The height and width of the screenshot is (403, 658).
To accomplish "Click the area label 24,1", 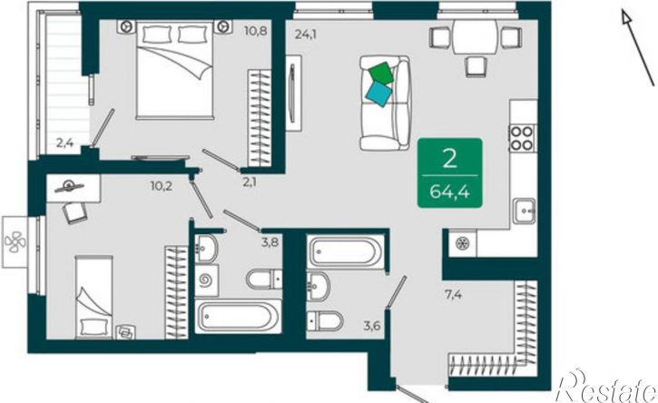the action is [306, 34].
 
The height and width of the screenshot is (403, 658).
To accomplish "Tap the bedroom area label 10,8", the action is [256, 31].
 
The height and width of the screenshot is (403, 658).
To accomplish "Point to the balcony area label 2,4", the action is [65, 143].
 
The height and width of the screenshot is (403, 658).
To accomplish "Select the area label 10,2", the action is [162, 185].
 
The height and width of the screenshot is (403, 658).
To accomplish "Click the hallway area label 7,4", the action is [453, 295].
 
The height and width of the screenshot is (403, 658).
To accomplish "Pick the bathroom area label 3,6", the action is [372, 325].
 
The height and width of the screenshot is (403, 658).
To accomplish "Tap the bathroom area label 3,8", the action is [270, 242].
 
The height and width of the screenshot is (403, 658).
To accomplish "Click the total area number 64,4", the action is [449, 192].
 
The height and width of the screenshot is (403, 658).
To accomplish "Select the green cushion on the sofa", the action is [381, 73].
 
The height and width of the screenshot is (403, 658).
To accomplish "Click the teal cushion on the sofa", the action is [379, 93].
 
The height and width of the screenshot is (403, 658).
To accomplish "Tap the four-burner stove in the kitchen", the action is [522, 138].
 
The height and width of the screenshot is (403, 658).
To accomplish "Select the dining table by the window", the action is [475, 37].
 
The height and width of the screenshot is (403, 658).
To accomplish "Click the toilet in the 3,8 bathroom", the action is [264, 280].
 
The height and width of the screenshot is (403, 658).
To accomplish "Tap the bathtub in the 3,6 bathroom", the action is [346, 252].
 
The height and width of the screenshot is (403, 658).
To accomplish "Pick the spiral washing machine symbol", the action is [206, 280].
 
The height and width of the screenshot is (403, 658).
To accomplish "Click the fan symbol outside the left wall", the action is [15, 241].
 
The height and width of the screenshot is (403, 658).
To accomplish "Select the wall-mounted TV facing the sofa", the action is [293, 93].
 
